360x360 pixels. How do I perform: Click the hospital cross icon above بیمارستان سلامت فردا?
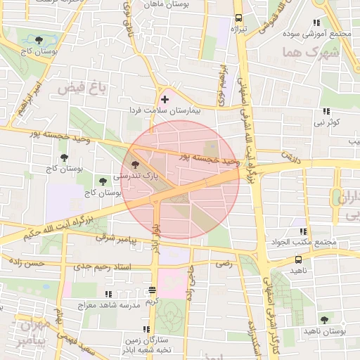click(x=165, y=100)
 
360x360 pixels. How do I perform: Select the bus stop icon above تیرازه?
click(x=238, y=18)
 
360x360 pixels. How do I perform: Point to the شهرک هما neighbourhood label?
click(x=309, y=53)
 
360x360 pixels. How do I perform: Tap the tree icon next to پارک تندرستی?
click(x=135, y=164)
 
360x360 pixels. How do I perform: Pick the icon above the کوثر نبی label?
click(x=326, y=111)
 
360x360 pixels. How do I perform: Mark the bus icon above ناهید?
click(x=299, y=260)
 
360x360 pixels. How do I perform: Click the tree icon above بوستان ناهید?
click(x=324, y=320)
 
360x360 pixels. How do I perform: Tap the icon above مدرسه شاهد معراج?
click(x=108, y=294)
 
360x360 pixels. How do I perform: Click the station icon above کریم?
click(x=153, y=290)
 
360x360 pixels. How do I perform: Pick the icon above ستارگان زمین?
click(x=146, y=329)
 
